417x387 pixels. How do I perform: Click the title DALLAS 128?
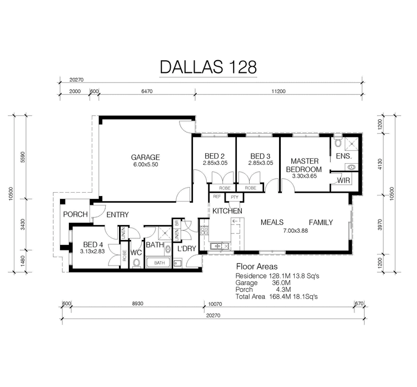coord(208,67)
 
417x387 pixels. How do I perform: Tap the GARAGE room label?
coord(145,157)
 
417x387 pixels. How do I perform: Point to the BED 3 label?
coord(260,156)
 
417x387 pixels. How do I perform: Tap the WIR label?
coord(343,180)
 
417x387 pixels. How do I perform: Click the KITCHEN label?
coord(227,211)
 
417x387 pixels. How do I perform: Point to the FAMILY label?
coord(321,222)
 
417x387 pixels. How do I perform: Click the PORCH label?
coord(75,214)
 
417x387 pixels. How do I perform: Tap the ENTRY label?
coord(117,214)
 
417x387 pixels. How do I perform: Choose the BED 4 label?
coord(93,244)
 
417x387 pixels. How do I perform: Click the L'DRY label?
coord(186,248)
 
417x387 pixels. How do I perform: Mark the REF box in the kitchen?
coord(217,197)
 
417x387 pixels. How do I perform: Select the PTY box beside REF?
coord(234,197)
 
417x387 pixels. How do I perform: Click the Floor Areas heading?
coord(256,267)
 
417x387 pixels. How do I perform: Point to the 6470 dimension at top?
coord(146,91)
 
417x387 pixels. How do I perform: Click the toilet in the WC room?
coord(136,263)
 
